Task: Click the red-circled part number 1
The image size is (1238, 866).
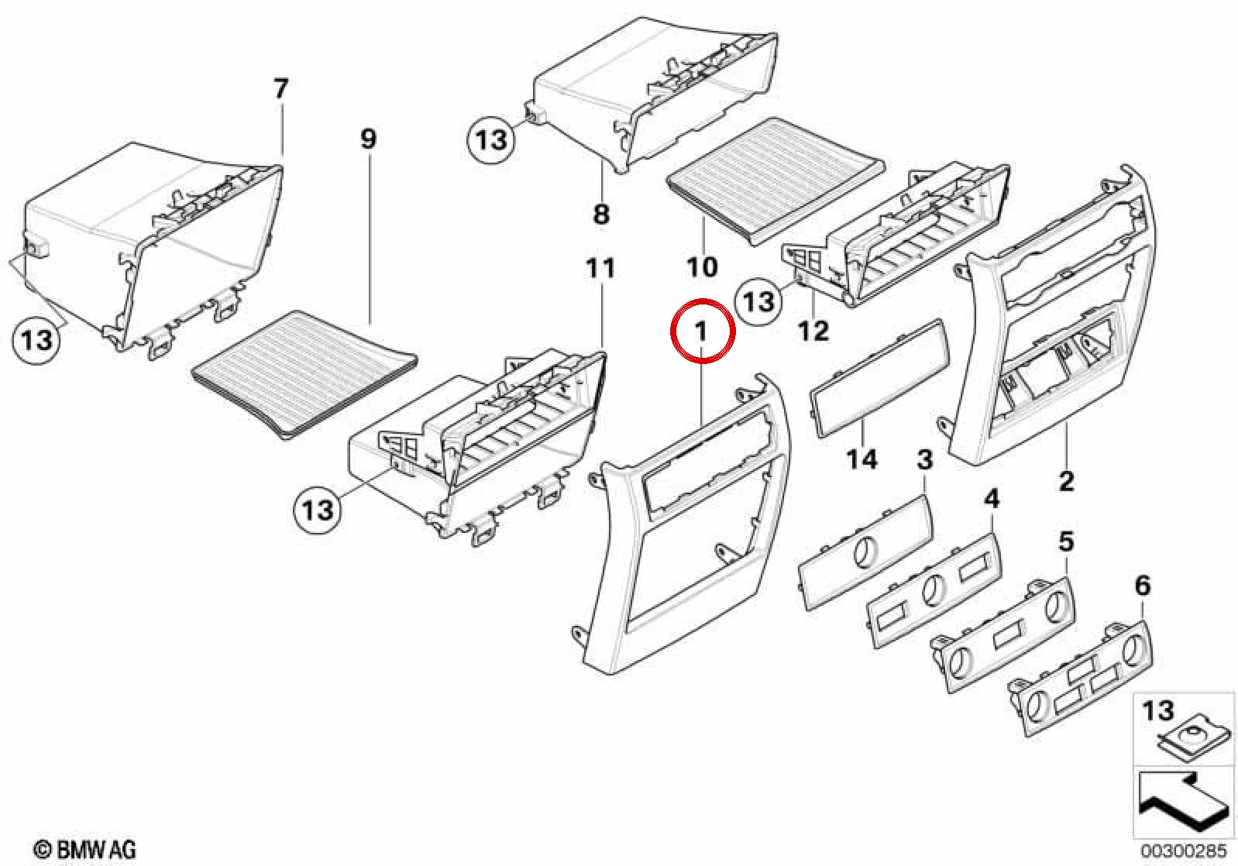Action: tap(702, 332)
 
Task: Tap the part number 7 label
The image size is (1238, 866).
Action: tap(280, 89)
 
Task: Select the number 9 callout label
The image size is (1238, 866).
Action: tap(369, 139)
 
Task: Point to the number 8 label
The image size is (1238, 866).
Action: tap(601, 214)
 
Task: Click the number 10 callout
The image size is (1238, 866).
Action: tap(702, 267)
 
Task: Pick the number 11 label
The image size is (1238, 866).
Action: tap(600, 268)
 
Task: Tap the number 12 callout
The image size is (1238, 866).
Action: tap(813, 331)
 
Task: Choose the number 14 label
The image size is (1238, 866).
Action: tap(862, 459)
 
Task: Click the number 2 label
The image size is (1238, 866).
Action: tap(1066, 481)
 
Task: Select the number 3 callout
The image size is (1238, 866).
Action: tap(925, 460)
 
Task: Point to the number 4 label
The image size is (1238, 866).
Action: tap(992, 500)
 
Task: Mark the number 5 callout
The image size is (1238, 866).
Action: tap(1066, 541)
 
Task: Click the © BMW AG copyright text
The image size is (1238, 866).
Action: tap(85, 850)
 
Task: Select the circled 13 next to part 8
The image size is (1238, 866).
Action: tap(490, 139)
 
